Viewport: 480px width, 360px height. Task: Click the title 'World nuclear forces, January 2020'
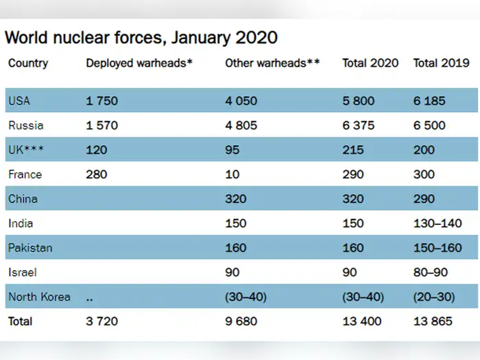click(141, 36)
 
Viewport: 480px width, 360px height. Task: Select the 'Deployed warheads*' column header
click(139, 64)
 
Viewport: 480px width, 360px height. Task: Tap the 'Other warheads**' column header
click(273, 64)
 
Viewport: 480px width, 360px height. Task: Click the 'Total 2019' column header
click(441, 64)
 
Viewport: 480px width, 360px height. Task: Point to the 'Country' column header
click(28, 64)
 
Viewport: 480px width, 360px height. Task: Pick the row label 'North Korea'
click(39, 297)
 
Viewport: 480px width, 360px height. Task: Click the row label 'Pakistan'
click(30, 248)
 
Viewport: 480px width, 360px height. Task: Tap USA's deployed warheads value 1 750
click(101, 101)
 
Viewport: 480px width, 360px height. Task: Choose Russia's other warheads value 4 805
click(241, 125)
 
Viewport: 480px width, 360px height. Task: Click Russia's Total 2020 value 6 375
click(359, 125)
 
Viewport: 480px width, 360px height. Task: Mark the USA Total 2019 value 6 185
click(429, 101)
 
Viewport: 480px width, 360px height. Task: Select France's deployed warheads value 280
click(97, 174)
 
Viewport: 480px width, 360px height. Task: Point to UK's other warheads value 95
click(232, 150)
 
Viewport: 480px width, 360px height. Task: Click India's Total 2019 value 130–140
click(437, 224)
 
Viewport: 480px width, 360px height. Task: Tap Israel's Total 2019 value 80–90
click(431, 272)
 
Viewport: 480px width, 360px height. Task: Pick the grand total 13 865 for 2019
click(433, 321)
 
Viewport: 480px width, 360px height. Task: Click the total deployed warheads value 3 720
click(101, 321)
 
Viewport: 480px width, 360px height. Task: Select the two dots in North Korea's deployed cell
click(90, 298)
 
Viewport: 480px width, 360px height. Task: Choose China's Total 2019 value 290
click(424, 199)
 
